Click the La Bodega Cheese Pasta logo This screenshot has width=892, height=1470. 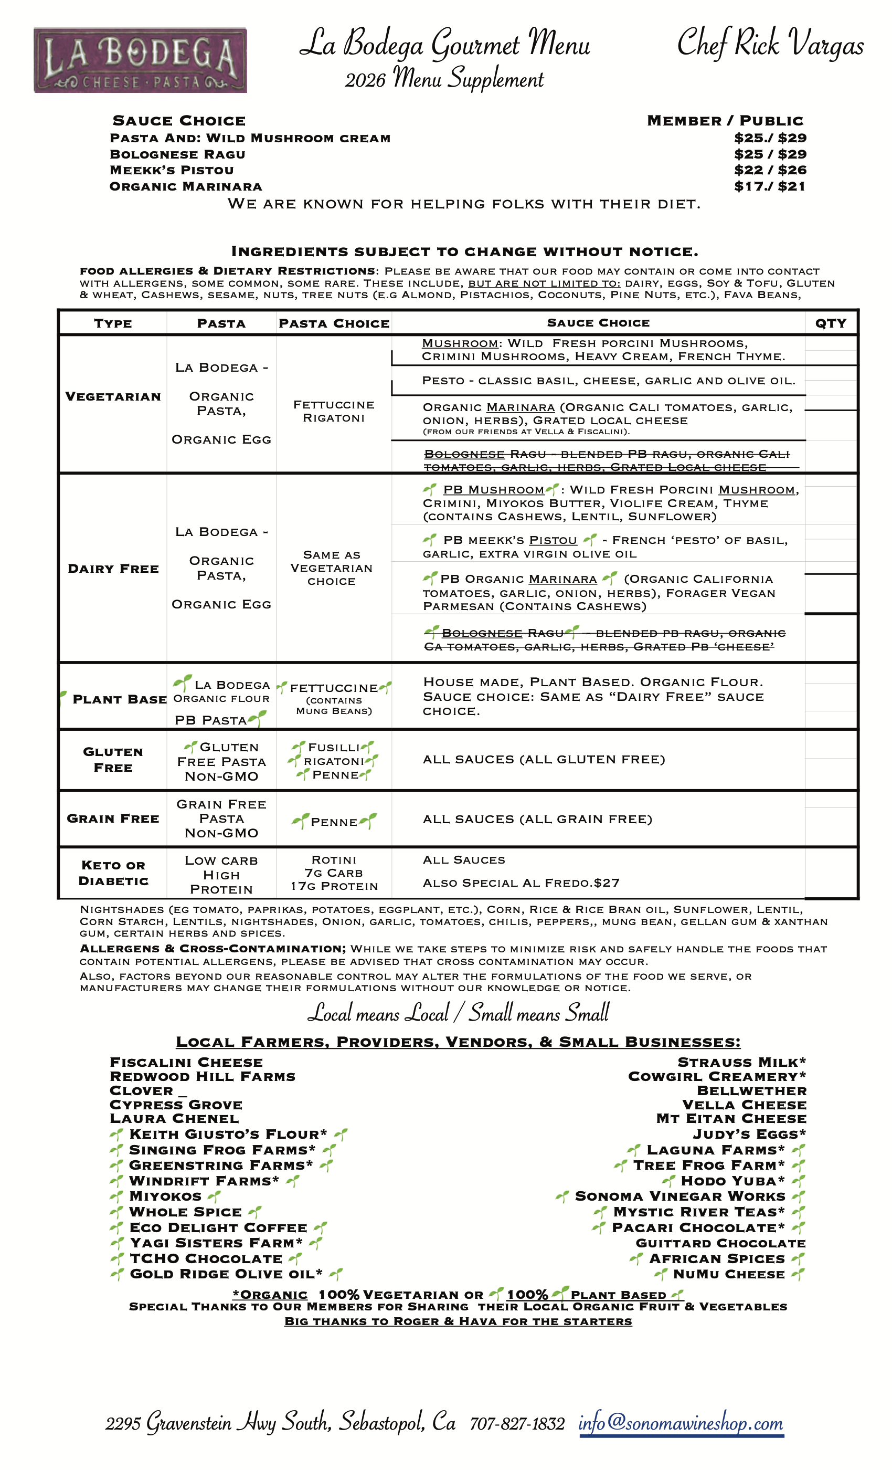tap(140, 60)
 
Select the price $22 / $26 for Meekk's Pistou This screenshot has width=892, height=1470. tap(770, 170)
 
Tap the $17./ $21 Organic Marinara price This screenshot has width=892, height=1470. tap(770, 186)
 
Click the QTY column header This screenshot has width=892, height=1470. tap(830, 323)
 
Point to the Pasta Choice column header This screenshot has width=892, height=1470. tap(334, 323)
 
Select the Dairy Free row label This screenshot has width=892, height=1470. tap(113, 569)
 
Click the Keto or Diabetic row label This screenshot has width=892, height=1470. tap(113, 873)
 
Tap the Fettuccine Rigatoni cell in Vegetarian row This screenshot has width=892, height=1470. tap(333, 411)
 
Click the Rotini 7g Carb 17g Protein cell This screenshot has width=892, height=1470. tap(334, 873)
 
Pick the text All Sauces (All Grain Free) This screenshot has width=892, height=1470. tap(537, 819)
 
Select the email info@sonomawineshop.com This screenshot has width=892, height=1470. tap(681, 1423)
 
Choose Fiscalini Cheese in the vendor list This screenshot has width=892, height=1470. tap(186, 1063)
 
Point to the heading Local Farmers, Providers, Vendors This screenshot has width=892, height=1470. tap(458, 1042)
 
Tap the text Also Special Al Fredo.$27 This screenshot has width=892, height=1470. tap(521, 883)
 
